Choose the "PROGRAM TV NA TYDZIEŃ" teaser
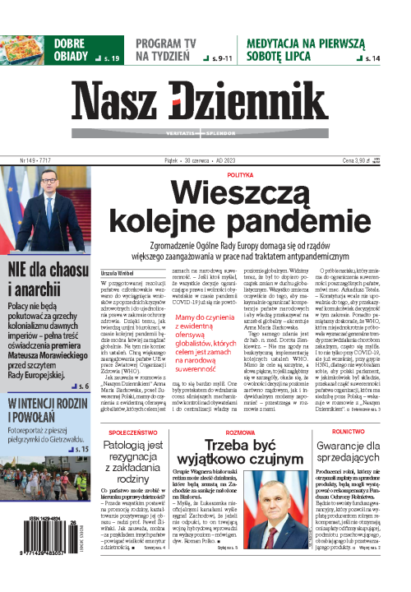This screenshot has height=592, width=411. pos(164,49)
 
